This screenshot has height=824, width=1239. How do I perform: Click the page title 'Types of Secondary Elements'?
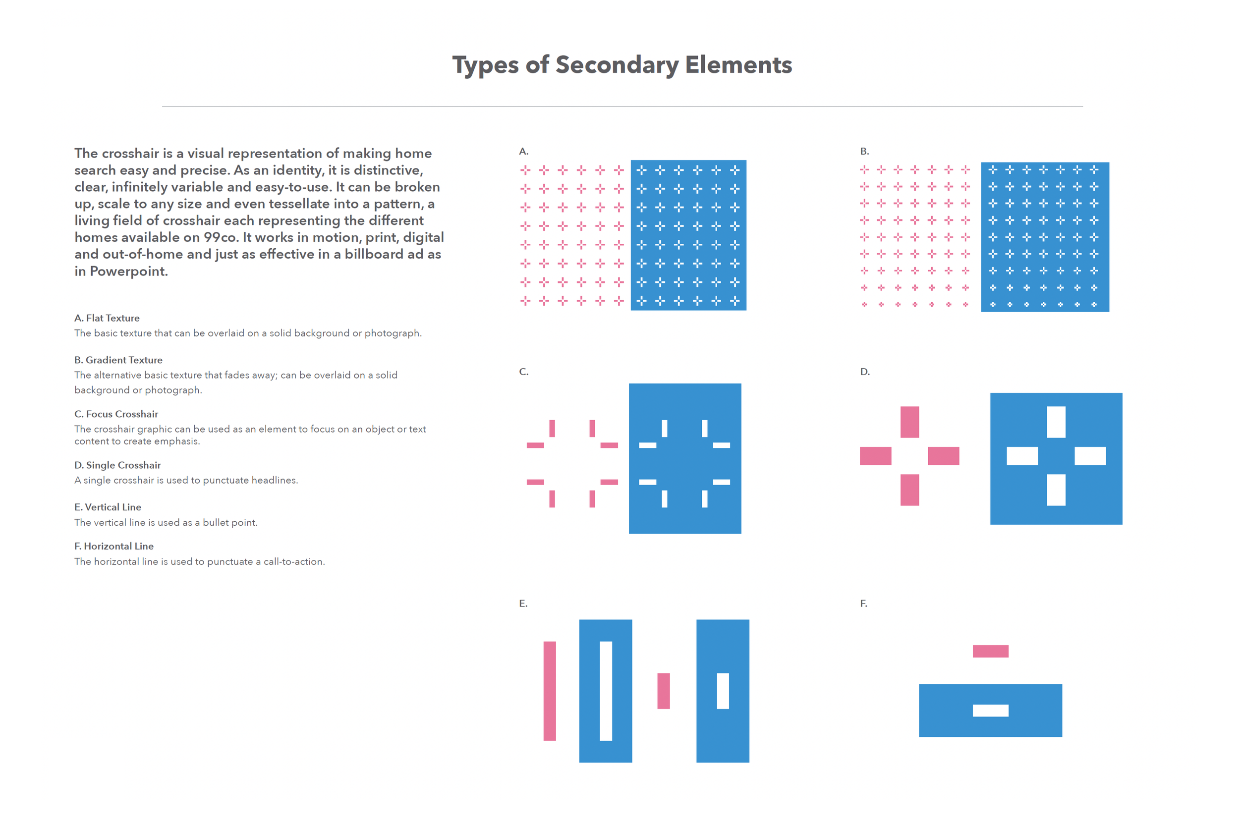pos(621,65)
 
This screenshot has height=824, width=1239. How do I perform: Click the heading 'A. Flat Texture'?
pos(107,318)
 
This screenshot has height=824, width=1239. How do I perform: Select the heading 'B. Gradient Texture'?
pos(118,360)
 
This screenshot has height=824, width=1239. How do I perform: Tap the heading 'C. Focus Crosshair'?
pos(116,414)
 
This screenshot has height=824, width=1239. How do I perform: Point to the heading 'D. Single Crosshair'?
pos(117,465)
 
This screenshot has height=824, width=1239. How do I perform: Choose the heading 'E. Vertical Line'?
pos(108,507)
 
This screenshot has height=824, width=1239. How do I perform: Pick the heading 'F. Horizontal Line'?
pos(113,547)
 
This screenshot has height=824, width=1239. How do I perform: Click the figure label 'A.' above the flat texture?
pos(523,151)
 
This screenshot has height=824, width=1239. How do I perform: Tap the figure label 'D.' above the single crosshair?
pos(865,372)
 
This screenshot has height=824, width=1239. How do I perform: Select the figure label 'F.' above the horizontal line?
pos(863,604)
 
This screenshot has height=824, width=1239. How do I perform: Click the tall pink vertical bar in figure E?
pos(549,691)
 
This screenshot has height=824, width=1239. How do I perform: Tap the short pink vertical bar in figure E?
pos(664,691)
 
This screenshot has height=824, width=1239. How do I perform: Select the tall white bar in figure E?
pos(606,691)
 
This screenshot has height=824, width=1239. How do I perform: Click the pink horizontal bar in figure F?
pos(990,651)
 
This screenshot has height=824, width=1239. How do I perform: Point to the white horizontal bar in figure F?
pos(990,711)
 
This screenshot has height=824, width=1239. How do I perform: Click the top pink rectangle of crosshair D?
pos(909,422)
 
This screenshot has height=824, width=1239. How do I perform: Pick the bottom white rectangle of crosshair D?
pos(1056,490)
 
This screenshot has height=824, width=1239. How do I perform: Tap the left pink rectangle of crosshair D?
pos(875,456)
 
